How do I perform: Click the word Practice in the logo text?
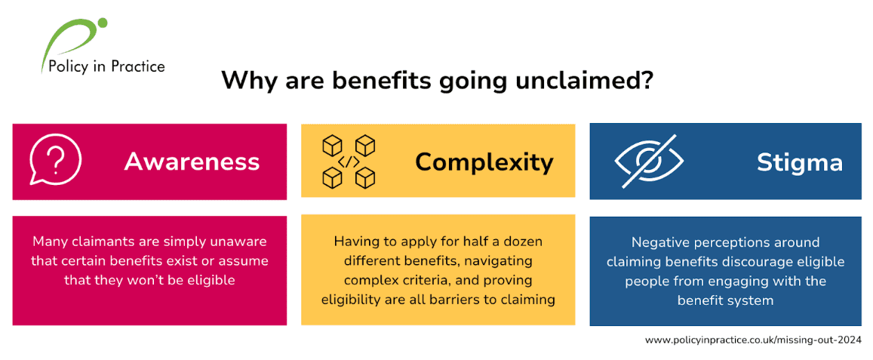click(137, 66)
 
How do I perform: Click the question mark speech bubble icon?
click(55, 162)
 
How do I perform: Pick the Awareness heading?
click(192, 162)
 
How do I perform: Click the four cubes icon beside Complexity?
click(349, 162)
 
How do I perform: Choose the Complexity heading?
click(484, 162)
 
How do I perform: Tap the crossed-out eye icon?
click(648, 162)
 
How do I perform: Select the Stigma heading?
click(799, 162)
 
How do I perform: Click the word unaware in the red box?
click(237, 242)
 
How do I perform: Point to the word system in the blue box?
click(749, 300)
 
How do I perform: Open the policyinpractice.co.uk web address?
click(752, 340)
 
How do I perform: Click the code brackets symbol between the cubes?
click(349, 162)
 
